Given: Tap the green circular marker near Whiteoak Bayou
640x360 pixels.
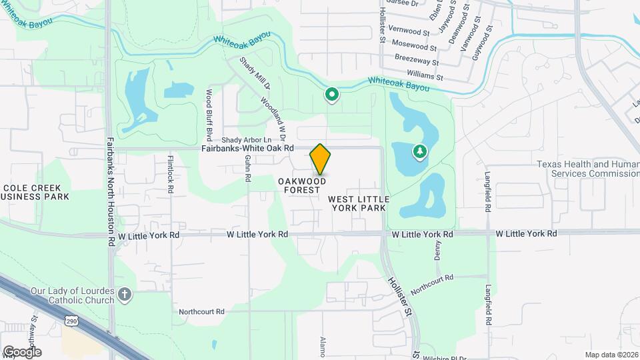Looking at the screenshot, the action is tap(331, 95).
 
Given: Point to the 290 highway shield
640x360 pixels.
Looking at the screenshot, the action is tap(71, 321).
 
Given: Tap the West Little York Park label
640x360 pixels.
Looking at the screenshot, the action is tap(359, 203).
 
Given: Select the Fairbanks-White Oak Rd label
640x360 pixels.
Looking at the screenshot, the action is tap(247, 149).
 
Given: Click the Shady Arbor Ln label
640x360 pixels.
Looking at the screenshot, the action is tap(247, 140).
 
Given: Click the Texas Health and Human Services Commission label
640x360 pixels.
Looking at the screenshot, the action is tap(588, 169).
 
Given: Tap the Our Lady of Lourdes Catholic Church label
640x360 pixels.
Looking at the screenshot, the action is tap(73, 295).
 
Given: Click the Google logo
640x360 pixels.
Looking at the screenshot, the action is tap(21, 352).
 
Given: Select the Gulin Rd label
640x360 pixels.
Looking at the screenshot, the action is tap(247, 169).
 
